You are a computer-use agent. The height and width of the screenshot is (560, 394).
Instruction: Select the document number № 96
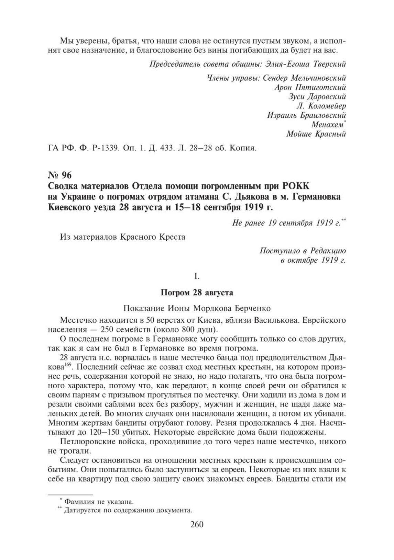tap(59, 175)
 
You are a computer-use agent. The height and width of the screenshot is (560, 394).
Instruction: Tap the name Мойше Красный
tap(316, 134)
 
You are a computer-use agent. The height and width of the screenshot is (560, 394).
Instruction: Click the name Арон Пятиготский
tap(310, 87)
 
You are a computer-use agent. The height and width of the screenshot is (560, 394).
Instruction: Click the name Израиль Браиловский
tap(306, 115)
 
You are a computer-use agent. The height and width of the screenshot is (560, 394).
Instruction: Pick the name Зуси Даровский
tap(317, 96)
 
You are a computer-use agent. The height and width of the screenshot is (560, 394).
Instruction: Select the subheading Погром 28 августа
tap(197, 293)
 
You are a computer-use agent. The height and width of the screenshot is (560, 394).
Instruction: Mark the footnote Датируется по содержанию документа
tap(128, 510)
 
